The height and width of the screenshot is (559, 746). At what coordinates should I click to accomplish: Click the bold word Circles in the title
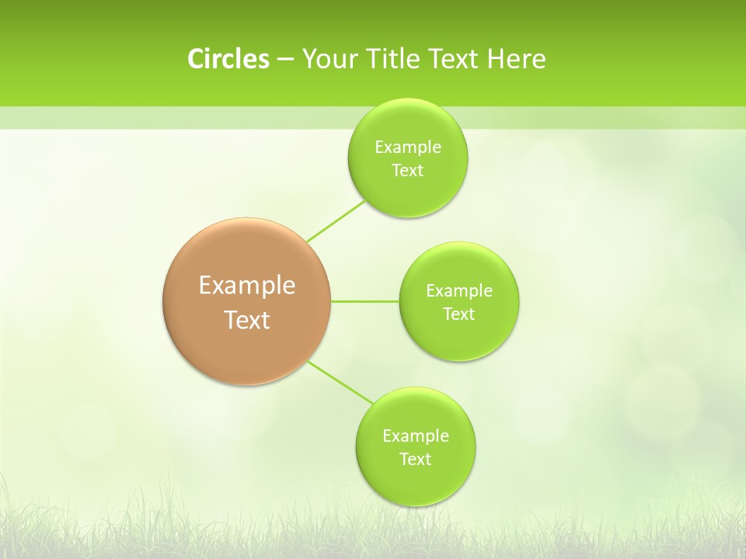tap(228, 59)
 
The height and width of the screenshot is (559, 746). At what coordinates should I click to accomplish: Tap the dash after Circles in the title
tap(285, 60)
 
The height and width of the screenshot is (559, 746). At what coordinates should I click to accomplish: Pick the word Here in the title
tap(517, 59)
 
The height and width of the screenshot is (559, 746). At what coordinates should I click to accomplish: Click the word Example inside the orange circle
tap(247, 286)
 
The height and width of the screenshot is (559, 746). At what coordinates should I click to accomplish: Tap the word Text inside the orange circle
tap(247, 320)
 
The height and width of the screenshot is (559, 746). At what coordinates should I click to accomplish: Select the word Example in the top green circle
tap(407, 148)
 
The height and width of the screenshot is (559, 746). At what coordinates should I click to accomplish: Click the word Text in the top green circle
tap(407, 171)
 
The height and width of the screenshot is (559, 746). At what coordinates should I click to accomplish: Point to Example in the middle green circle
tap(459, 291)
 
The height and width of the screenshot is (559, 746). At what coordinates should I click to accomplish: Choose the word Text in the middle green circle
tap(459, 314)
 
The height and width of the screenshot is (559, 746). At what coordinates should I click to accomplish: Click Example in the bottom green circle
tap(416, 436)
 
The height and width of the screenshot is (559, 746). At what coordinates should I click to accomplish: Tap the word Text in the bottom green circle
tap(416, 460)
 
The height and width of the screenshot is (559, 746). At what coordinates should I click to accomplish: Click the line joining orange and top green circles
tap(336, 221)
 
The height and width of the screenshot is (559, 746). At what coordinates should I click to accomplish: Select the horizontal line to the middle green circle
tap(365, 301)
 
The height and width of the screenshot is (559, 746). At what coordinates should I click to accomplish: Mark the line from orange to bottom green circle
tap(340, 382)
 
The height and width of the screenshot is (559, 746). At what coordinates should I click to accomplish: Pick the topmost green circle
tap(407, 194)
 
